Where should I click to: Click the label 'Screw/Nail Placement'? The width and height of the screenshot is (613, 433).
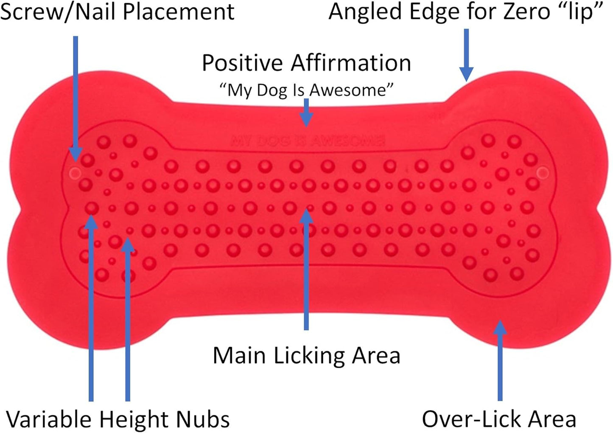117,12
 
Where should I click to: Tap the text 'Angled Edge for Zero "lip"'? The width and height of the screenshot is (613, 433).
465,12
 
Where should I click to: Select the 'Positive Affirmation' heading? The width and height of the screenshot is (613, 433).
306,63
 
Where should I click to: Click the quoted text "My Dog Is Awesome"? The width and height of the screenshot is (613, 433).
306,90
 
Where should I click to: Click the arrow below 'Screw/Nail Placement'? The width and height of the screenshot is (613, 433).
76,98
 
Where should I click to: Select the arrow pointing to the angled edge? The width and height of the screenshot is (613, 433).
466,55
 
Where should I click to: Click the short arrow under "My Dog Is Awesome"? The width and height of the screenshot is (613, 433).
306,113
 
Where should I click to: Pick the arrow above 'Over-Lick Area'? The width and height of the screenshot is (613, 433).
500,360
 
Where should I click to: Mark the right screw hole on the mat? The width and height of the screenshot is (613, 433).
543,173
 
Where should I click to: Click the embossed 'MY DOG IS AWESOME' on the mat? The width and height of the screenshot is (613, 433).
308,141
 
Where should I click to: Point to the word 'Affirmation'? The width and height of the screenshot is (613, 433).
351,63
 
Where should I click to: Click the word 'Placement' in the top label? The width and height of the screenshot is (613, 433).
179,12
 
